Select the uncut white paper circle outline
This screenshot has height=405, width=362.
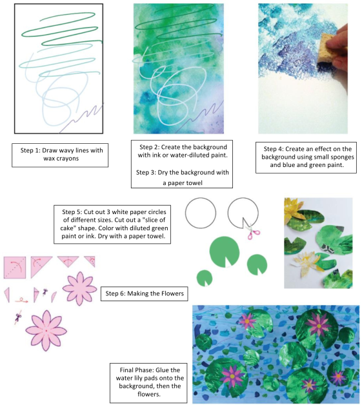click(x=201, y=213)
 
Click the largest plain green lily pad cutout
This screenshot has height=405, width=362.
click(x=225, y=252)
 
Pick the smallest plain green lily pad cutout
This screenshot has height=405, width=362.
click(x=205, y=278)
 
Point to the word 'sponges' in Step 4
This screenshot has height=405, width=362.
click(x=342, y=157)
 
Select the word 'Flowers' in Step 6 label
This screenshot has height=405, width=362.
click(x=172, y=293)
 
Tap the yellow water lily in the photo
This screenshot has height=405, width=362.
click(x=294, y=209)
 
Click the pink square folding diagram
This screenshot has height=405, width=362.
click(x=15, y=268)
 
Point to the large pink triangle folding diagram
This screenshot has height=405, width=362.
click(x=41, y=266)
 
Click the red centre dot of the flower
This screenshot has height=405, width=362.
click(x=46, y=331)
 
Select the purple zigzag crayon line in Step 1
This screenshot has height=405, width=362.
click(x=81, y=117)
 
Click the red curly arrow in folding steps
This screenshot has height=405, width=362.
click(x=21, y=300)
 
